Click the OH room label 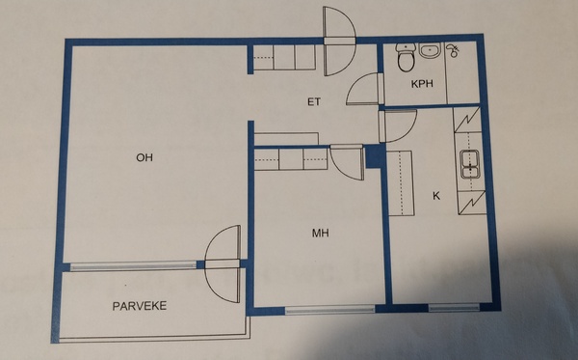tap(144, 157)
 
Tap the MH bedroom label tap(321, 233)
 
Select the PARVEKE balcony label tap(140, 306)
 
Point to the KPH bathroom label tap(422, 84)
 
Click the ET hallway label tap(314, 101)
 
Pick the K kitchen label tap(436, 196)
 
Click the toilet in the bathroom tap(407, 57)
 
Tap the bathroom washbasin tap(430, 50)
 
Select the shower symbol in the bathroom tap(453, 50)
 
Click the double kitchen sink tap(469, 165)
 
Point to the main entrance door tap(339, 41)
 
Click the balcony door tap(223, 264)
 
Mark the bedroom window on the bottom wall tap(329, 310)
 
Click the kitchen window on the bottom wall tap(454, 307)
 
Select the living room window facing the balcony tap(133, 265)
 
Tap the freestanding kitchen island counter tap(401, 183)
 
